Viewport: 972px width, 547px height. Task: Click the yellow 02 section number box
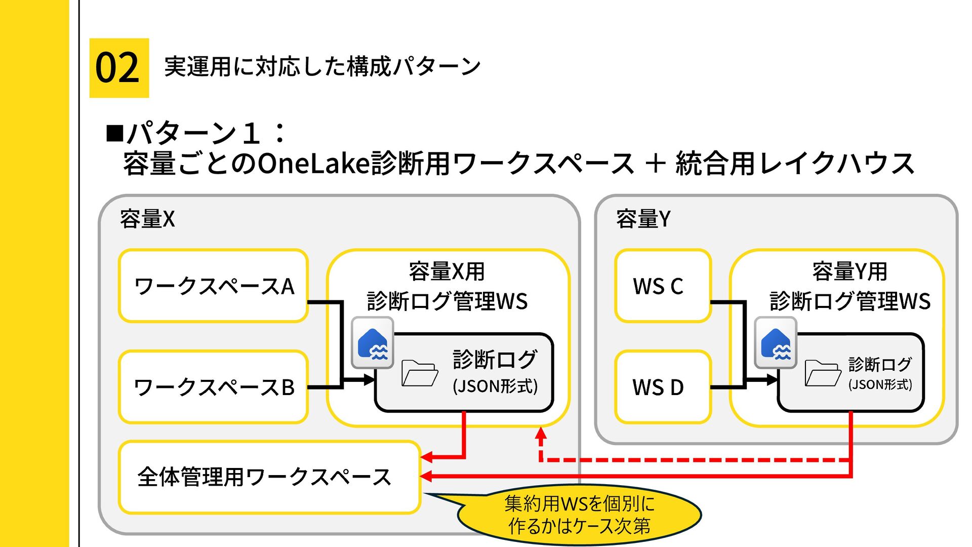(x=119, y=68)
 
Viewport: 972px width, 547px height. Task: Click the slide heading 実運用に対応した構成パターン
(x=322, y=67)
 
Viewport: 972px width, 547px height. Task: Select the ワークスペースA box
(x=213, y=286)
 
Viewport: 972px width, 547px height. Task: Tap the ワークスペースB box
(x=213, y=387)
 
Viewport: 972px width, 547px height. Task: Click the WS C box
(x=663, y=286)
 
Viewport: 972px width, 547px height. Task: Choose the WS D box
(x=663, y=387)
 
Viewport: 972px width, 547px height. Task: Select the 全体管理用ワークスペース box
(x=269, y=477)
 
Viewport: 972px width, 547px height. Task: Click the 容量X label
(x=147, y=219)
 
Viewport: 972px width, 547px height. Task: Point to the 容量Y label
(x=643, y=219)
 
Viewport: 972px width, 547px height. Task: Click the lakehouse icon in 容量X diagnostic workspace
(x=373, y=343)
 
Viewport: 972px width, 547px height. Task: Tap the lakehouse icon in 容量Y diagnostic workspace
(x=776, y=343)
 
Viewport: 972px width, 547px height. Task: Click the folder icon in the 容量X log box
(x=420, y=373)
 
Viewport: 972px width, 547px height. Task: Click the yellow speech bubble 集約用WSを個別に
(x=579, y=515)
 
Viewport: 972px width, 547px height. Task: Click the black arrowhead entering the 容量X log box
(x=369, y=379)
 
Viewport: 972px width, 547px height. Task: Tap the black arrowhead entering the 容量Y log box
(x=772, y=379)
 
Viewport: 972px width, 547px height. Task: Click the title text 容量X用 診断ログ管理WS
(x=448, y=286)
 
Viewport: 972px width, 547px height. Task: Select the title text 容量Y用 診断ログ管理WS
(x=850, y=286)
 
